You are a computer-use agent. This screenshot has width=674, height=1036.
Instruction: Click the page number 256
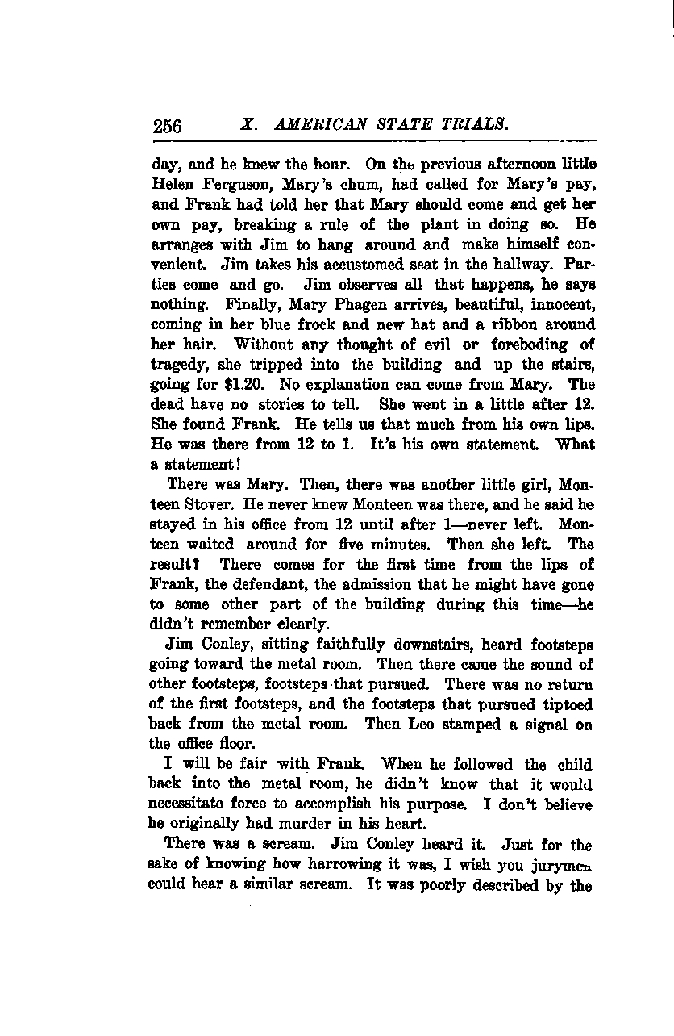pos(167,126)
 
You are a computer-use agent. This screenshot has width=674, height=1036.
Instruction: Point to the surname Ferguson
pos(234,186)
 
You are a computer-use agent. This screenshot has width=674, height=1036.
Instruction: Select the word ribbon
pos(511,324)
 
